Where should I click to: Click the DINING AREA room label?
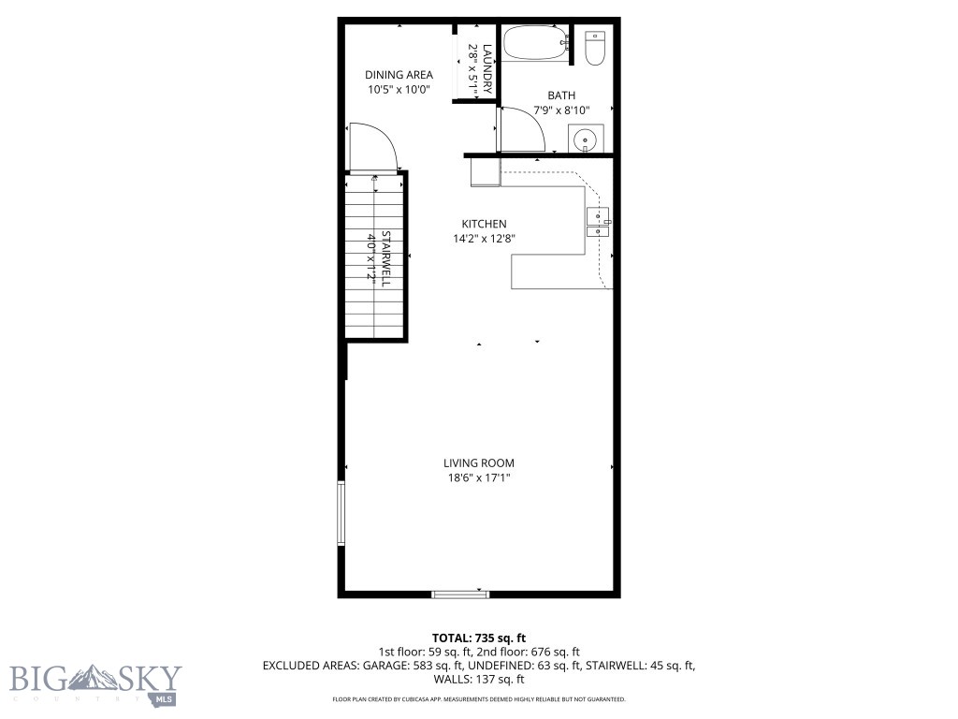(x=398, y=75)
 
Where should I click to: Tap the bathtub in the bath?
(x=536, y=44)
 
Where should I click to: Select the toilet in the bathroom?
(x=595, y=48)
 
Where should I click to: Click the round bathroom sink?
(x=586, y=141)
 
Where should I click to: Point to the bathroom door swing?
(x=523, y=128)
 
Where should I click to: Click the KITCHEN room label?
(x=484, y=224)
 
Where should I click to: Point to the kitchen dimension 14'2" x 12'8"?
(x=484, y=239)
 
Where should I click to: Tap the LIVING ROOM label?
(x=478, y=462)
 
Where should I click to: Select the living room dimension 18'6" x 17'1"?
(x=478, y=478)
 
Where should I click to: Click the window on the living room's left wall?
(x=341, y=512)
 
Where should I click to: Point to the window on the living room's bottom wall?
(x=460, y=593)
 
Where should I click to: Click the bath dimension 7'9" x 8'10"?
(x=561, y=110)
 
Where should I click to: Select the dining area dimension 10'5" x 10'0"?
(x=398, y=91)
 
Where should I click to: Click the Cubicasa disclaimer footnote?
(x=478, y=699)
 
